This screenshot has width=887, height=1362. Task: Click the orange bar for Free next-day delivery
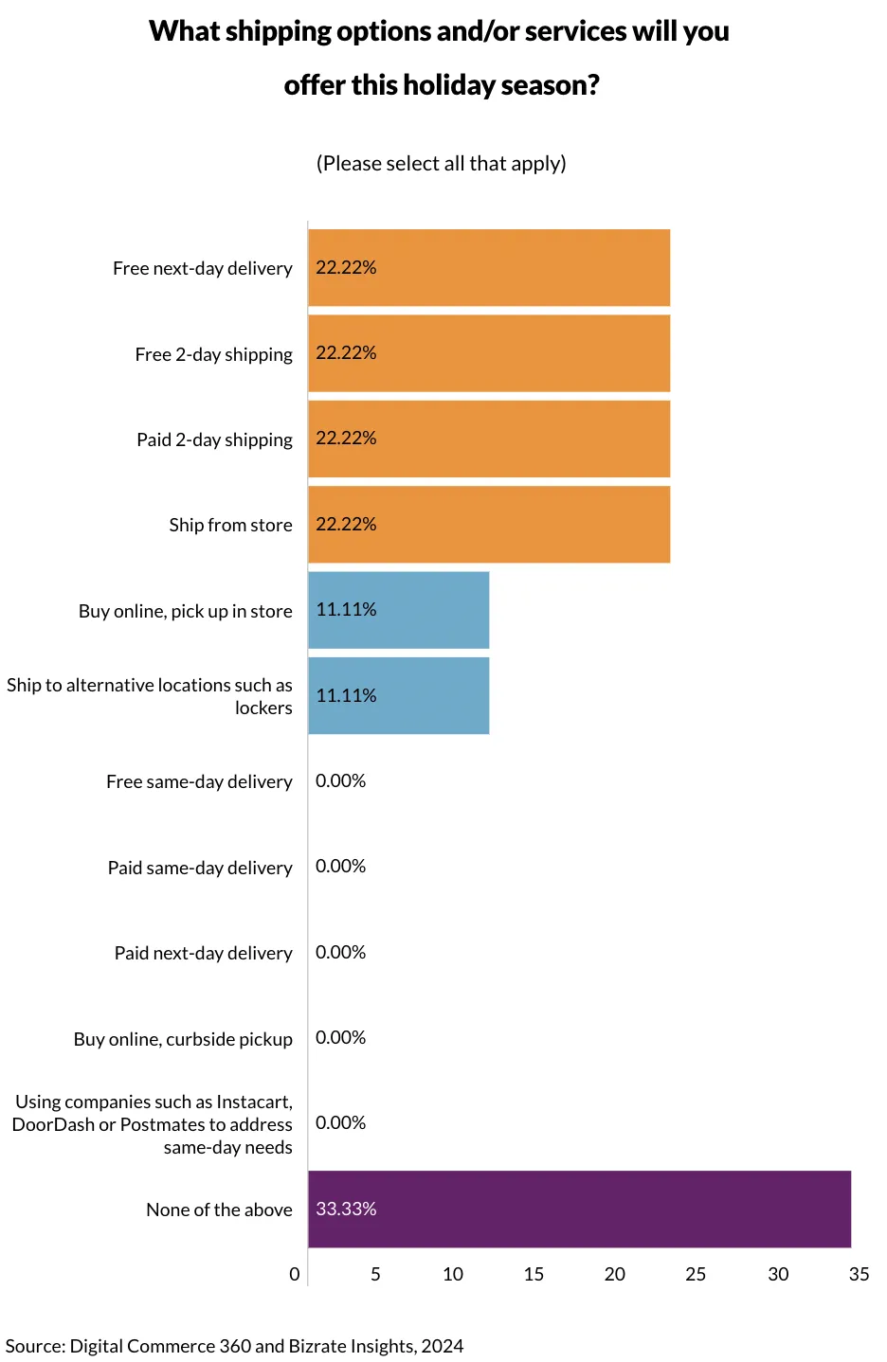pos(489,267)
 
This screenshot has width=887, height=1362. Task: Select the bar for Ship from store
pos(489,524)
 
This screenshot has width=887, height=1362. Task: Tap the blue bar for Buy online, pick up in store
pos(398,610)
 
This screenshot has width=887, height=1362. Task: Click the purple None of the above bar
pos(579,1209)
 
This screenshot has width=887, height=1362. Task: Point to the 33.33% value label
pos(346,1209)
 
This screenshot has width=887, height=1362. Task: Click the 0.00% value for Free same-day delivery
pos(340,780)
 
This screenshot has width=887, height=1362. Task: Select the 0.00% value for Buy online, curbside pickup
pos(340,1037)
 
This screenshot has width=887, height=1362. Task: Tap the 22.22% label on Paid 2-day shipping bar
pos(346,438)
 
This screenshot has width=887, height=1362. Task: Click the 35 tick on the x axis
pos(859,1274)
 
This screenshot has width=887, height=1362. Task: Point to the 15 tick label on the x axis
pos(534,1274)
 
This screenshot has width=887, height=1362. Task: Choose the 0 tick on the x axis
pos(295,1274)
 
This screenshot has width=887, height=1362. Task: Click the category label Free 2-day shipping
pos(213,354)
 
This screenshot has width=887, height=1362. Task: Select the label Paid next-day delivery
pos(203,953)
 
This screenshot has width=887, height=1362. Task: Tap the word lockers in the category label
pos(263,708)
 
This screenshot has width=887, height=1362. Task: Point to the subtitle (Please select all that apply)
pos(441,164)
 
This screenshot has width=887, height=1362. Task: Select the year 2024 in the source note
pos(443,1346)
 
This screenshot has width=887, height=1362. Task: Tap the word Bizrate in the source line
pos(317,1346)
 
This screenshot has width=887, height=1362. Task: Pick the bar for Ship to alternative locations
pos(398,695)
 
